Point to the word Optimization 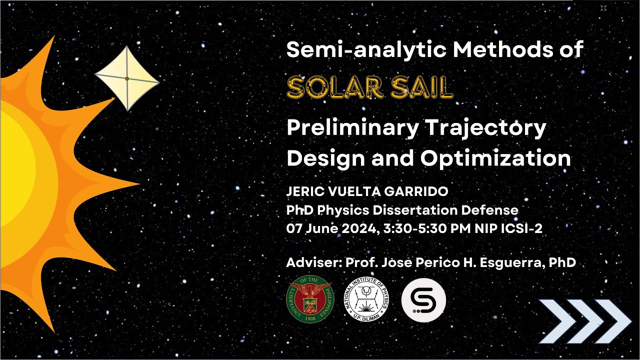495,158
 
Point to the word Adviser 309,262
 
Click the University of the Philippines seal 309,299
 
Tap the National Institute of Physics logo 366,299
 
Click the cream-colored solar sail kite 127,78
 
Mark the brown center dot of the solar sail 127,78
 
